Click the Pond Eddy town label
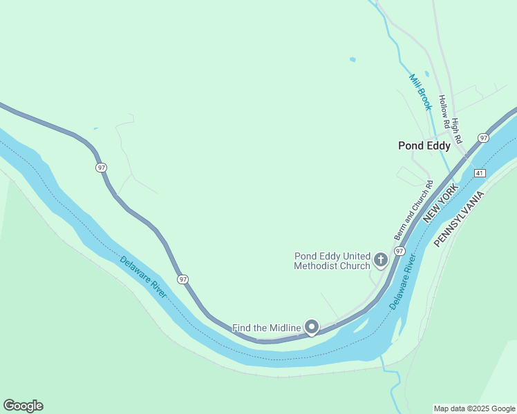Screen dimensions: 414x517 coord(424,146)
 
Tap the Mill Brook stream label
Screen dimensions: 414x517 coord(420,92)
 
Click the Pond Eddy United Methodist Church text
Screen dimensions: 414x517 coord(332,261)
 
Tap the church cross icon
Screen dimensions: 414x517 coord(380,260)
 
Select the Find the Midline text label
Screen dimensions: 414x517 coord(266,328)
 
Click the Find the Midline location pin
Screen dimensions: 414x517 coord(312,326)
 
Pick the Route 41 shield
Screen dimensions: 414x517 coord(480,172)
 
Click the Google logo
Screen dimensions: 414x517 coord(23,406)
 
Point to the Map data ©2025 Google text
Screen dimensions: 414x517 coord(474,408)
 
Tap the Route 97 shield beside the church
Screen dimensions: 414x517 coord(399,251)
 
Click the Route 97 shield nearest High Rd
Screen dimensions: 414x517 coord(483,138)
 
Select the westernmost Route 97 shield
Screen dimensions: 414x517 coord(102,168)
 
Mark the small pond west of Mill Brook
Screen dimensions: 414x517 coord(352,59)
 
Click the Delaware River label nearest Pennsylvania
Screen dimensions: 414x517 coord(401,282)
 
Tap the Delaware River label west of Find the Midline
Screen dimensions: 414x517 coord(143,277)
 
